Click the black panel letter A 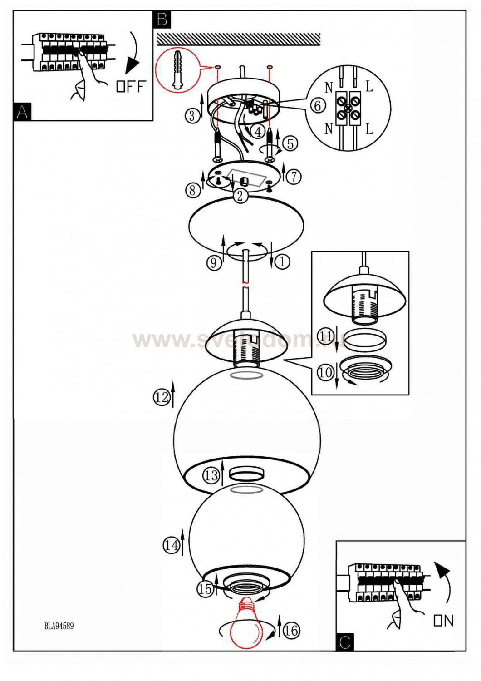click(x=22, y=112)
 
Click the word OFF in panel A click(x=131, y=87)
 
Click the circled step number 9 click(x=214, y=262)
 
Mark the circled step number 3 click(x=192, y=116)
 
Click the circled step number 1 click(x=282, y=261)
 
